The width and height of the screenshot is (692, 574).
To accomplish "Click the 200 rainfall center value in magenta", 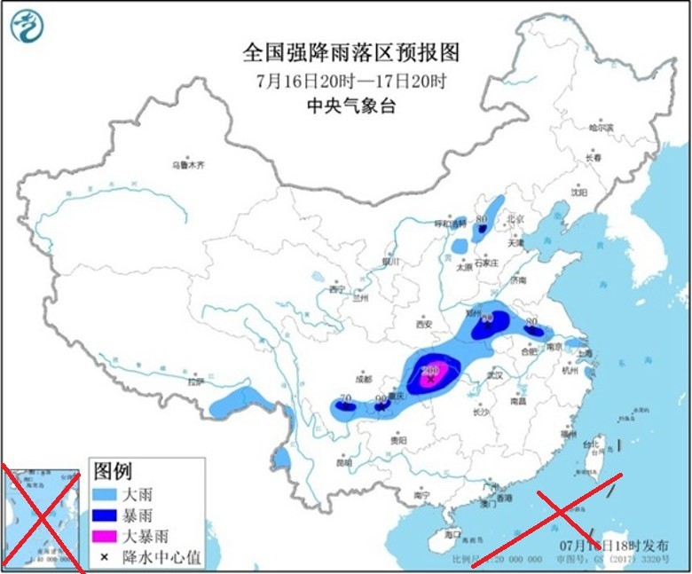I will (x=432, y=370).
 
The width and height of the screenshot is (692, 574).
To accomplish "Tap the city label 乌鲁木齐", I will (x=188, y=165).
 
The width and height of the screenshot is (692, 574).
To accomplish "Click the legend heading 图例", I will (x=113, y=471).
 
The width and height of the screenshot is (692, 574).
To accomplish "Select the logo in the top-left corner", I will (x=27, y=26).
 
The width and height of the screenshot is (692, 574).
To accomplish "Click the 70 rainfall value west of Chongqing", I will (x=345, y=399).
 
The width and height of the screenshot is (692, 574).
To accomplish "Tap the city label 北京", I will (x=515, y=218).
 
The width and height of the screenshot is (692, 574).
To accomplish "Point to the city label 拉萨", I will (x=195, y=382).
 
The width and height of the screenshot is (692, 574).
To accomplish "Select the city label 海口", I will (x=452, y=536).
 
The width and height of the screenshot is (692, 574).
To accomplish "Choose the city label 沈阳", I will (x=579, y=191).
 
